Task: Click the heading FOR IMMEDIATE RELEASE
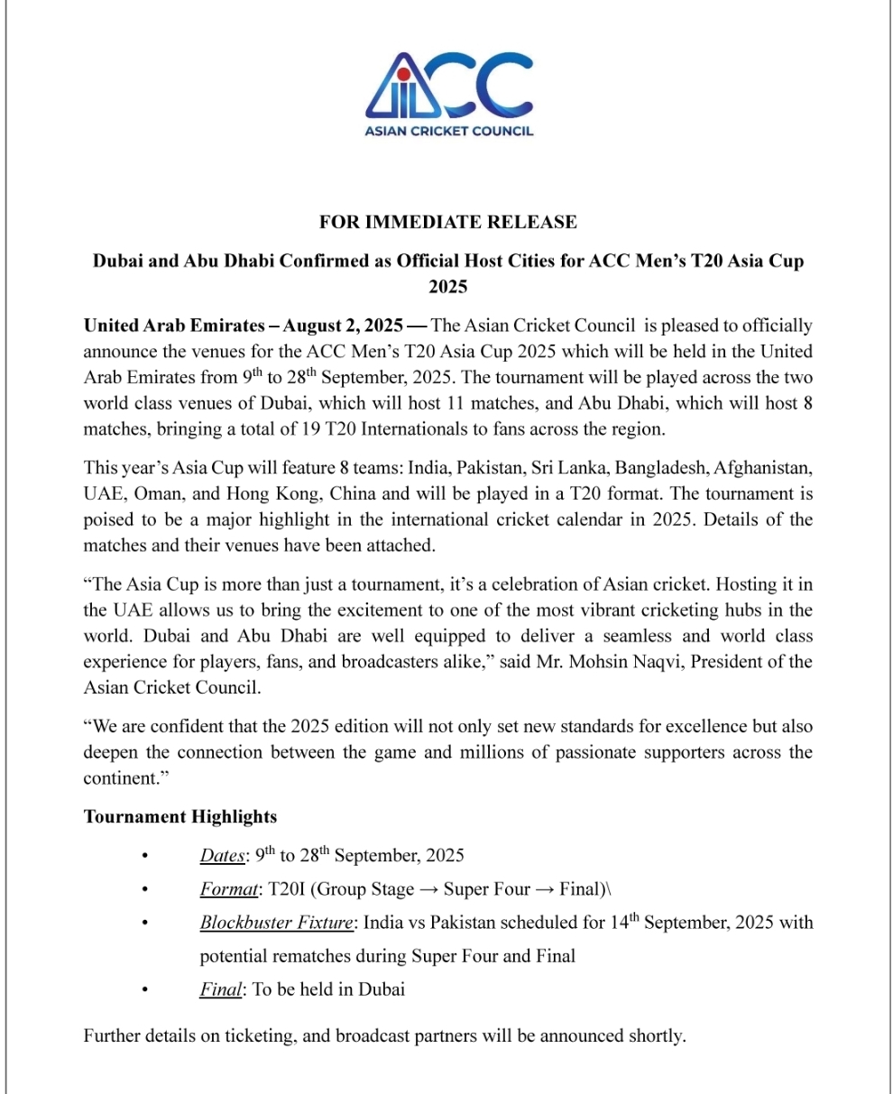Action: pyautogui.click(x=448, y=222)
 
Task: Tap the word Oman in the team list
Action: pyautogui.click(x=147, y=494)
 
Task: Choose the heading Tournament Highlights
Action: pyautogui.click(x=180, y=817)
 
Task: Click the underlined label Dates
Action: pyautogui.click(x=222, y=856)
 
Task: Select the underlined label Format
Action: pyautogui.click(x=228, y=889)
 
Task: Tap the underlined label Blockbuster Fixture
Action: pyautogui.click(x=277, y=923)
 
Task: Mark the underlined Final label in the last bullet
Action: pyautogui.click(x=220, y=989)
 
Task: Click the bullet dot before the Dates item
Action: pyautogui.click(x=144, y=856)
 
